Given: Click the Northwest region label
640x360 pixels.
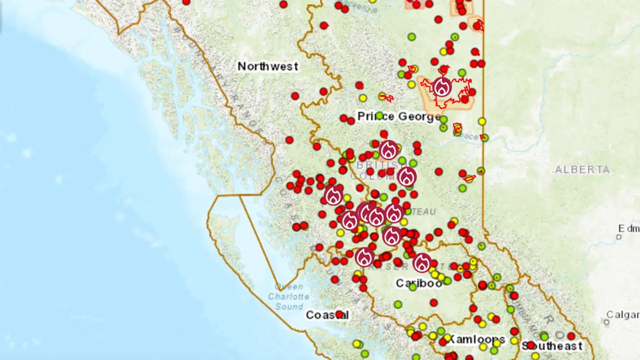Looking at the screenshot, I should pyautogui.click(x=268, y=67).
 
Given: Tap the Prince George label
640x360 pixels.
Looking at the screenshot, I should pyautogui.click(x=399, y=116).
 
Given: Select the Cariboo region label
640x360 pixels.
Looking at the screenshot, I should pyautogui.click(x=419, y=283).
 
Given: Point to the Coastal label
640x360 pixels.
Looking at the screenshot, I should pyautogui.click(x=327, y=315).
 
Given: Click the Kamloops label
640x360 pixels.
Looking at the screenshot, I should pyautogui.click(x=475, y=339).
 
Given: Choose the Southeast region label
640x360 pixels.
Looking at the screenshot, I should pyautogui.click(x=552, y=346).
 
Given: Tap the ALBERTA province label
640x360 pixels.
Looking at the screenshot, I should pyautogui.click(x=582, y=170).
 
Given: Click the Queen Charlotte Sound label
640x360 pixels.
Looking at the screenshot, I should pyautogui.click(x=289, y=297).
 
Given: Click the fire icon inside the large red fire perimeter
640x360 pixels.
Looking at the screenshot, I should pyautogui.click(x=442, y=86).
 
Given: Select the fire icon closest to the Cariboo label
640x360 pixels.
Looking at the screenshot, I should pyautogui.click(x=422, y=262).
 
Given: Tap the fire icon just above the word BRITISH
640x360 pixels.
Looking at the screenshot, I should pyautogui.click(x=389, y=150).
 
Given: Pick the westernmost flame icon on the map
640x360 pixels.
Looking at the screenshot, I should pyautogui.click(x=334, y=195).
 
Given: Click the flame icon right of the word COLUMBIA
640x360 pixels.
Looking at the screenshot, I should pyautogui.click(x=407, y=176).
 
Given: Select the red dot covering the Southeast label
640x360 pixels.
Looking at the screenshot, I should pyautogui.click(x=531, y=345).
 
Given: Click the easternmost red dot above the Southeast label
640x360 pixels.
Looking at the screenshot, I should pyautogui.click(x=571, y=336).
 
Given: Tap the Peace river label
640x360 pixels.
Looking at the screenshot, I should pyautogui.click(x=470, y=137).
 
